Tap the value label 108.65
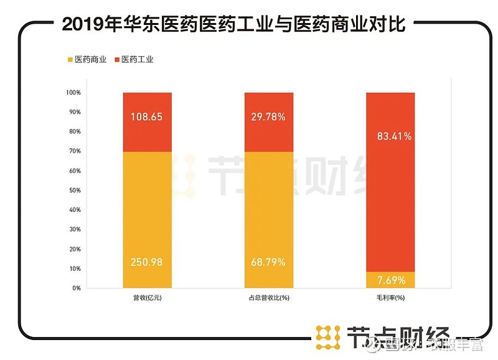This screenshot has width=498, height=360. coord(147,116)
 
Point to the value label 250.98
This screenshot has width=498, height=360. coord(147,262)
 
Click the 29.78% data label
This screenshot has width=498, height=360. coord(268,116)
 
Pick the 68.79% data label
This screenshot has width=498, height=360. coord(268,262)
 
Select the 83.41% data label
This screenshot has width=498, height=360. coord(390,136)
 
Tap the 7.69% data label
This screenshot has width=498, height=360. coord(390,279)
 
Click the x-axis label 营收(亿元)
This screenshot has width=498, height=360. coord(147,298)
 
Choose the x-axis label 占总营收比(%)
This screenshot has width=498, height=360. coord(268,298)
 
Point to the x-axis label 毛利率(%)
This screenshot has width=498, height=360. coord(390,298)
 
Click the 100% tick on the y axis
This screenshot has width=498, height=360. coord(73,93)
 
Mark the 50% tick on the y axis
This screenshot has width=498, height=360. coord(75,191)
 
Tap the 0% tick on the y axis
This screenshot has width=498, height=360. coord(77,288)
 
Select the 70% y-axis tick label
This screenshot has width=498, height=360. coord(75,151)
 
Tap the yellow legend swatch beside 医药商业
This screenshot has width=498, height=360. coord(69,60)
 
